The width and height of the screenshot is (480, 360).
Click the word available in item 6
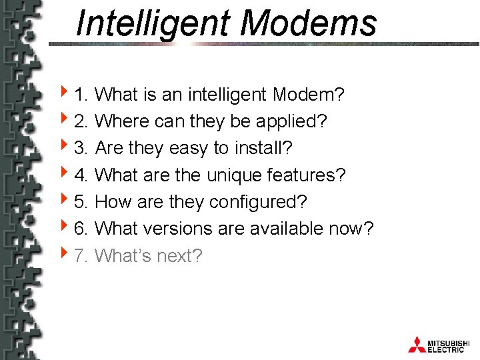(x=287, y=229)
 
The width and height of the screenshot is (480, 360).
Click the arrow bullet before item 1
(x=63, y=94)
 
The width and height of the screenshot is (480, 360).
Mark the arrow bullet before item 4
(x=63, y=175)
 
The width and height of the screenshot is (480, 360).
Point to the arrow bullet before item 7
(x=63, y=255)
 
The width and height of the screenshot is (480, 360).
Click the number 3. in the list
(x=81, y=148)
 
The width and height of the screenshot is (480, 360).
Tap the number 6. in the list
(x=81, y=229)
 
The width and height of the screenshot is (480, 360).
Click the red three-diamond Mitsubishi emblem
(x=417, y=344)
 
